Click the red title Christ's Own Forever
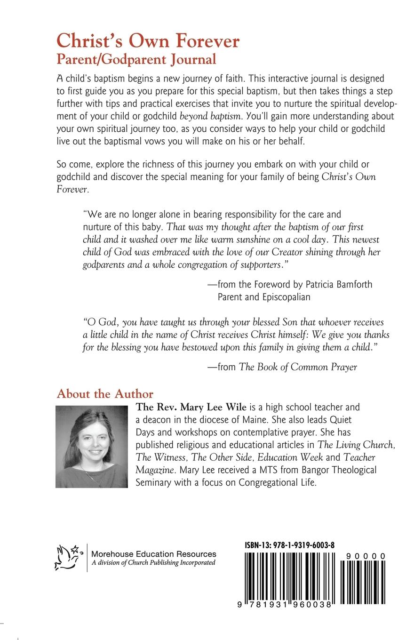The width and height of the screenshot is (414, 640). point(148,41)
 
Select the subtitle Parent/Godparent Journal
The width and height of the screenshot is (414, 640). point(136,59)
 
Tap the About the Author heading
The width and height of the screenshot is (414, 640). point(105,393)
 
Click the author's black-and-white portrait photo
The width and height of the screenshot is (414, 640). point(92,447)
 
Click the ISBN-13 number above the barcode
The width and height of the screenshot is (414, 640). point(289,545)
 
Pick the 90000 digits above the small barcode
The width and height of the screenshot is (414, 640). point(366,556)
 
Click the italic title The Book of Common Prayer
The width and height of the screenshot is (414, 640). point(298,367)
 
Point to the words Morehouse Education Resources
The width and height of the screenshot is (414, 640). point(154,554)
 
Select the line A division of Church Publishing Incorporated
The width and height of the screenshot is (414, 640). point(153,563)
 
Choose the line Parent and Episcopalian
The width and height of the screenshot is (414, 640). point(264,297)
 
